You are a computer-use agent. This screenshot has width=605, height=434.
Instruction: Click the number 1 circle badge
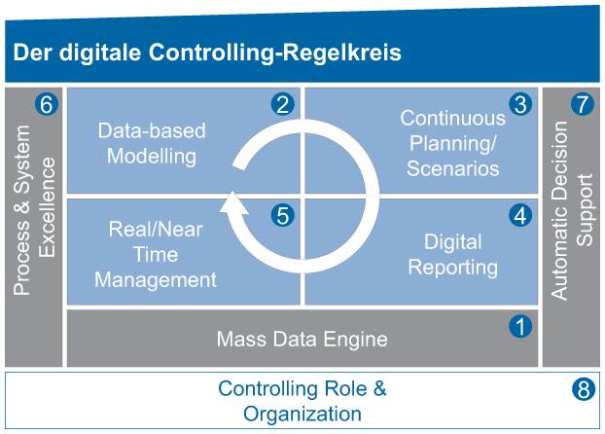pos(521,326)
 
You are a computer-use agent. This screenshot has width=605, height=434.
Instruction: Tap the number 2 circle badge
pos(283,104)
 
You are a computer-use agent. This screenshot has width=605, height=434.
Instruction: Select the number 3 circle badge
pos(521,104)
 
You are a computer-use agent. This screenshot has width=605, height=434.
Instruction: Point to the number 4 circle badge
pos(521,215)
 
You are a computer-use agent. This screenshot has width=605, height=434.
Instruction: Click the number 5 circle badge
pos(283,215)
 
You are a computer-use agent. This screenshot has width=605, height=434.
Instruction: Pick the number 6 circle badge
pos(45,104)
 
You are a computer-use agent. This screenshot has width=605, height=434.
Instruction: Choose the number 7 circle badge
pos(582,104)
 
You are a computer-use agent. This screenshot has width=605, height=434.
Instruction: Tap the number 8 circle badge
pos(582,390)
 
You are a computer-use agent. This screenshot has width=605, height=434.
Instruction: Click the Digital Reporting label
pos(453,253)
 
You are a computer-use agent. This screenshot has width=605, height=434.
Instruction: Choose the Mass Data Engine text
pos(302,340)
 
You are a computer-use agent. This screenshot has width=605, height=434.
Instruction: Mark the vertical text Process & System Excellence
pos(35,224)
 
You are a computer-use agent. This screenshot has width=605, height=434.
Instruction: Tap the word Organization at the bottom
pos(302,414)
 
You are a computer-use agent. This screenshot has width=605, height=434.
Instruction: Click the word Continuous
pos(453,118)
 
